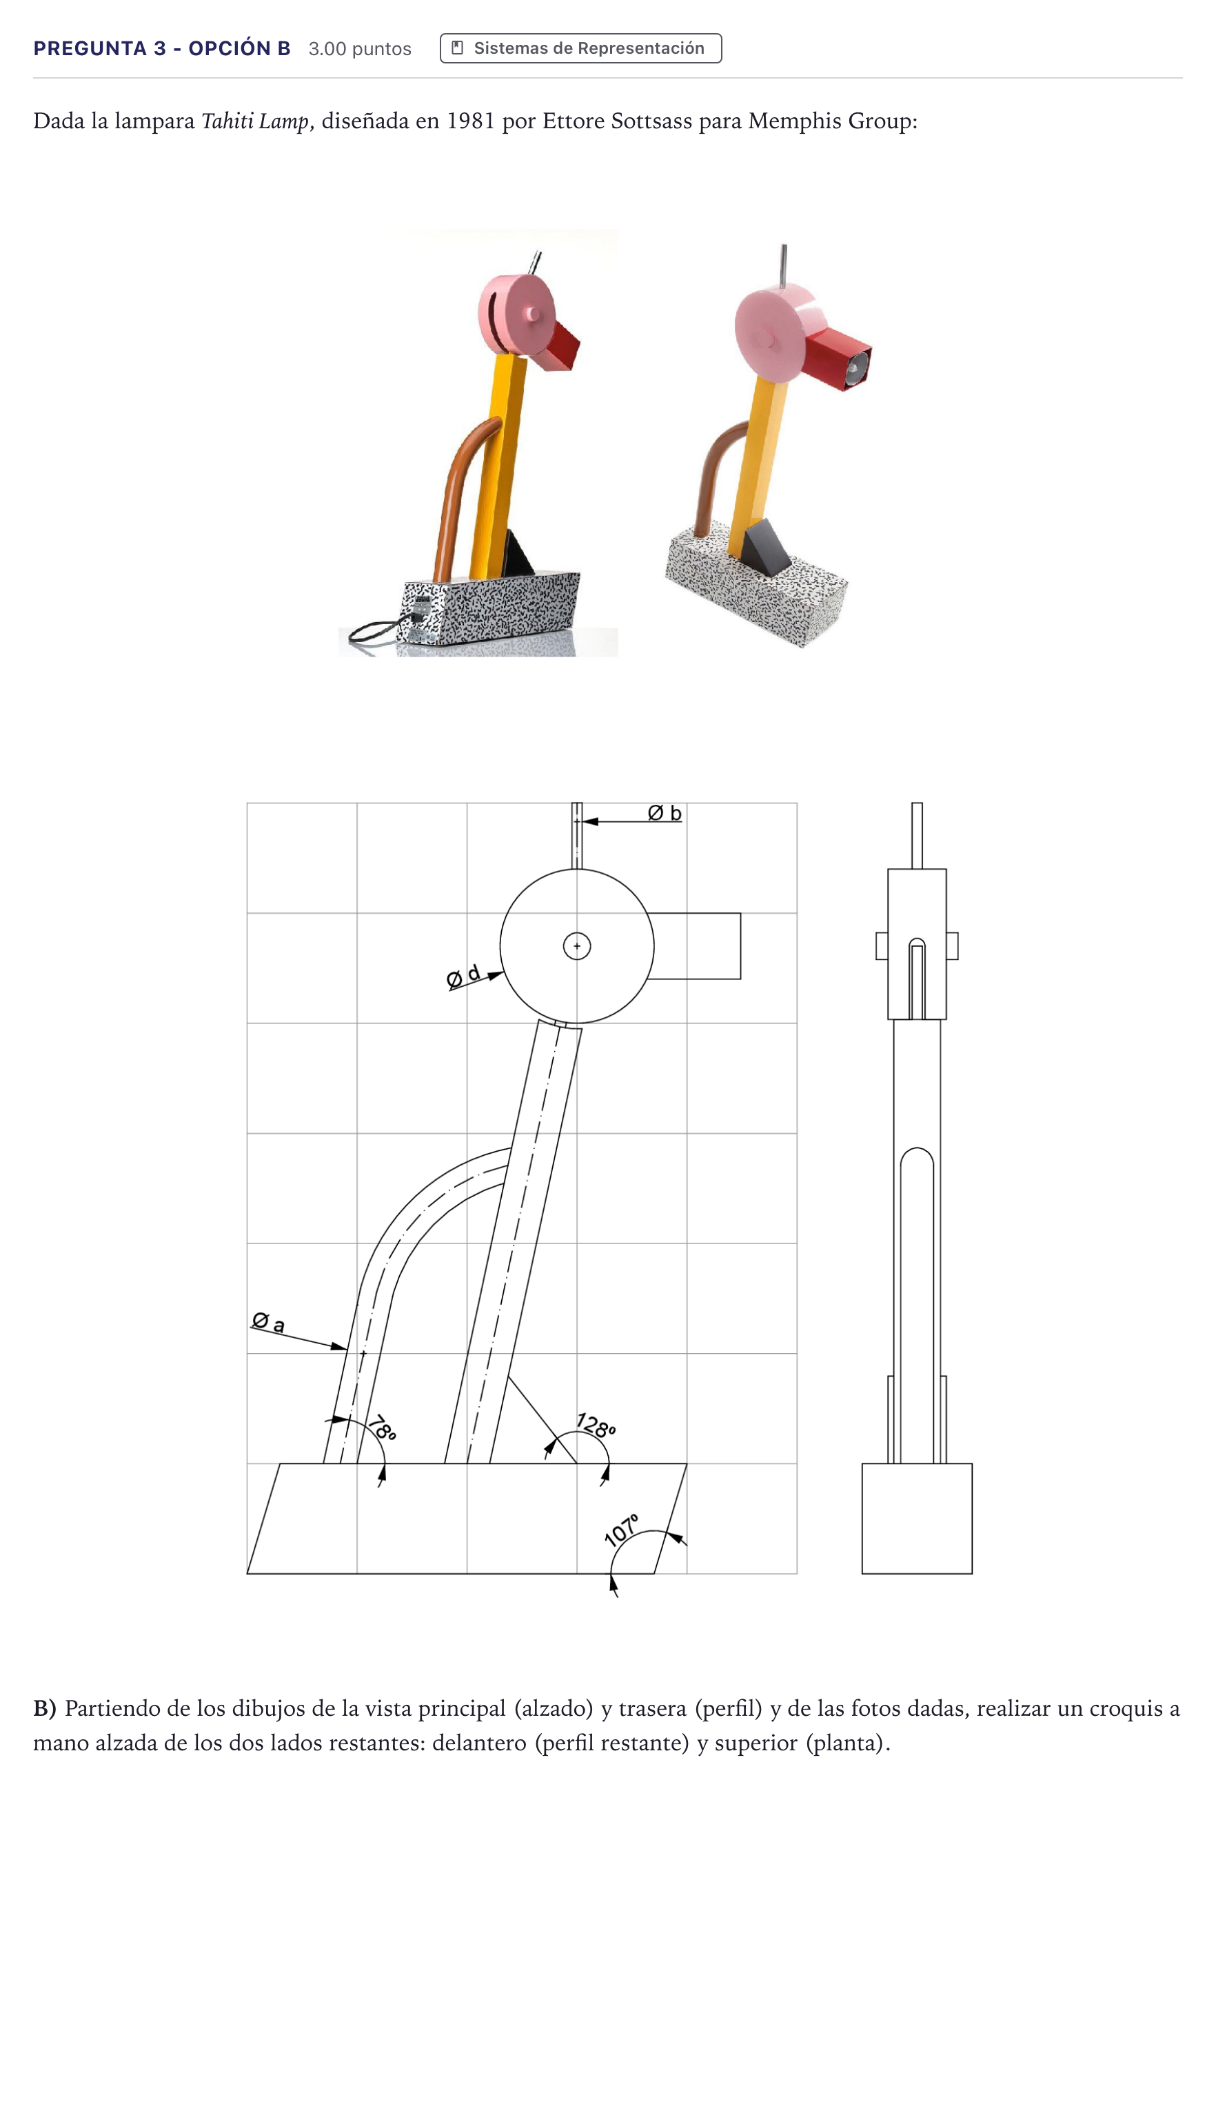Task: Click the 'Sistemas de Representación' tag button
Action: [580, 48]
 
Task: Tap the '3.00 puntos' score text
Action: [360, 48]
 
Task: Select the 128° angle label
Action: [596, 1424]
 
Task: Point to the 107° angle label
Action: [621, 1530]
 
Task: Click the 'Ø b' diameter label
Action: [665, 812]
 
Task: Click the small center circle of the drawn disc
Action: [577, 946]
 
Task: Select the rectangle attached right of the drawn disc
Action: [695, 946]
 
